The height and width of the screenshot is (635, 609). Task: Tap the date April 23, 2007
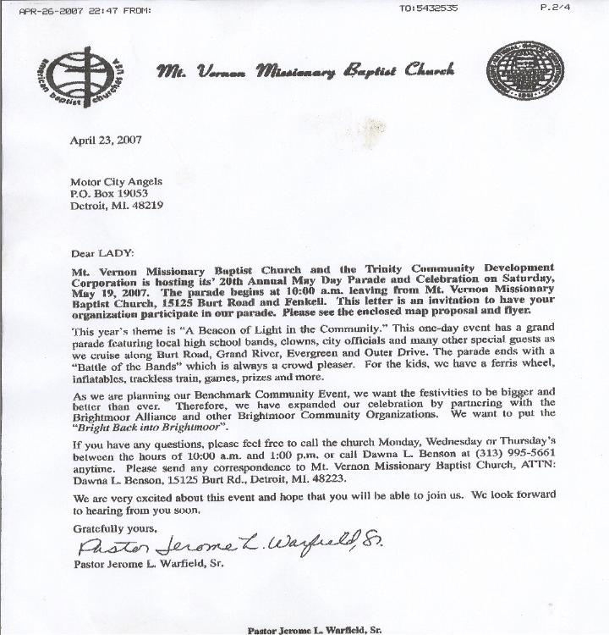pos(106,141)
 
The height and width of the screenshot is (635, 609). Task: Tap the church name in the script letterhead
pos(304,71)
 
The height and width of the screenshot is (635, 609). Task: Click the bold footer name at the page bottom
pos(314,628)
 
